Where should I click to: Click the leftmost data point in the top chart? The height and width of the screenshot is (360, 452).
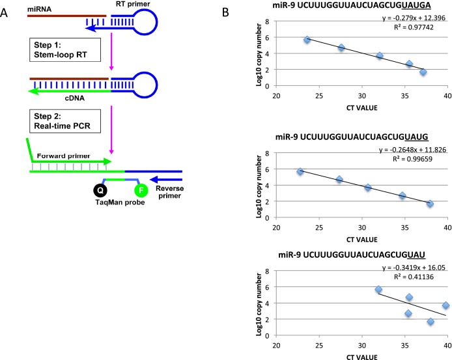click(307, 40)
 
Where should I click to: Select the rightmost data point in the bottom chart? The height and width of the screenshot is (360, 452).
click(445, 305)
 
